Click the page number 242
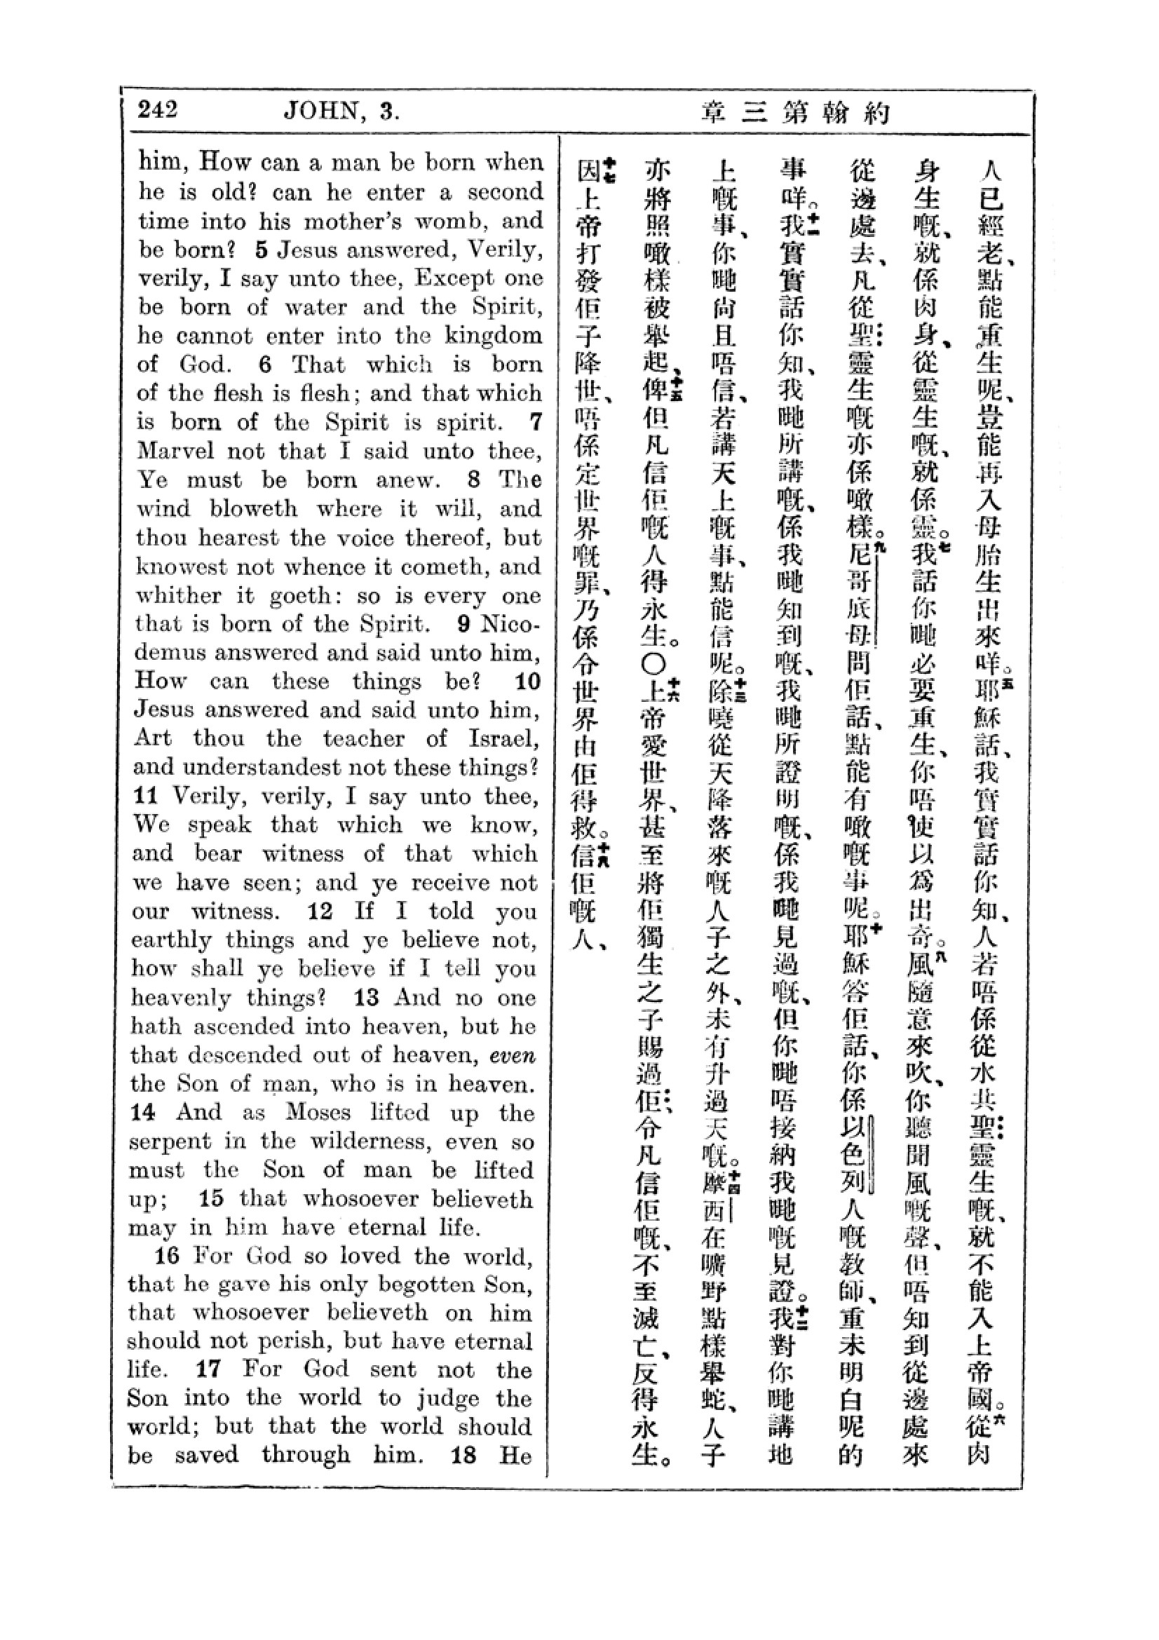pyautogui.click(x=158, y=110)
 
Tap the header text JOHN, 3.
pyautogui.click(x=341, y=112)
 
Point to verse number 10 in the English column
pyautogui.click(x=528, y=682)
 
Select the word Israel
pyautogui.click(x=503, y=738)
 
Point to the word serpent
pyautogui.click(x=170, y=1141)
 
